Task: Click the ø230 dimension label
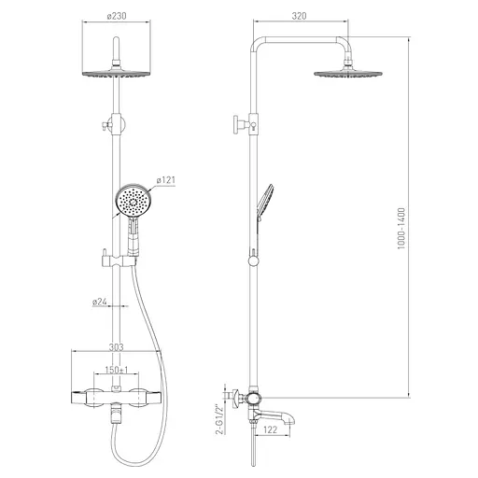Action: coord(117,16)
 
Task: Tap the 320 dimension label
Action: coord(299,16)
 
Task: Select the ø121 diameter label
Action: coord(166,180)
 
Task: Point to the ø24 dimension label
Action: coord(100,302)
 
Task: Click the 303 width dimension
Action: coord(116,347)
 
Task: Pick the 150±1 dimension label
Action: coord(117,370)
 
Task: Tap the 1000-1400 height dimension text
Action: coord(401,229)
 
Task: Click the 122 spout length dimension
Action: coord(270,429)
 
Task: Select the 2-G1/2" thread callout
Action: coord(219,419)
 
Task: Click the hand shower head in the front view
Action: coord(134,200)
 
